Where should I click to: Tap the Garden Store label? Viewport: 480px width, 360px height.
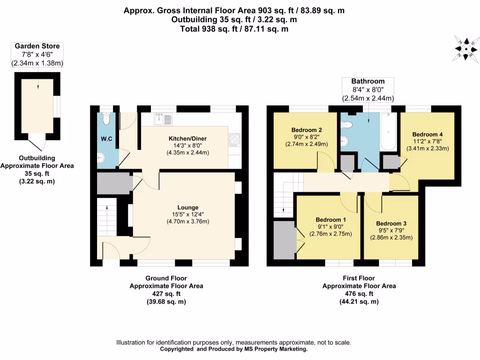(37, 46)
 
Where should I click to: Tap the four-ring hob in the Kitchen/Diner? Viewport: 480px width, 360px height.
(234, 140)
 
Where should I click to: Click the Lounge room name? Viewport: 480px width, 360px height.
(187, 207)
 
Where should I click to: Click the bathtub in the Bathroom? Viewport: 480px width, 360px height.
(389, 131)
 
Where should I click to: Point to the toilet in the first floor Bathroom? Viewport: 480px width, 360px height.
(347, 125)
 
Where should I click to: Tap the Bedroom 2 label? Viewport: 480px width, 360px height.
(306, 130)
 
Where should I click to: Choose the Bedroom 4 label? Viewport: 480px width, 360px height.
(427, 134)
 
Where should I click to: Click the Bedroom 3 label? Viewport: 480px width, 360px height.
(390, 223)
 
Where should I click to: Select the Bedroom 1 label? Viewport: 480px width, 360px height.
(330, 219)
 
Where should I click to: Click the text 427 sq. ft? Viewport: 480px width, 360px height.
(166, 294)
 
